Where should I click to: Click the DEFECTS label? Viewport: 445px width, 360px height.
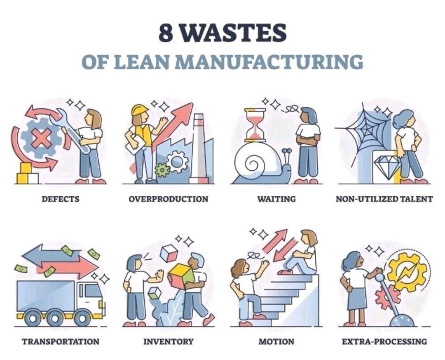click(60, 199)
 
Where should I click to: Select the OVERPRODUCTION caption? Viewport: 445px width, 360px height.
click(168, 199)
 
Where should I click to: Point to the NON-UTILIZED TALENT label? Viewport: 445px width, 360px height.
click(384, 199)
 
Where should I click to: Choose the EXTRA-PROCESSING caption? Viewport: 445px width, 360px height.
click(384, 341)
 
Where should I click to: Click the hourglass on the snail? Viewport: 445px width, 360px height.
click(255, 125)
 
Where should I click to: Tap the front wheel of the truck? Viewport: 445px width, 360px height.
click(82, 318)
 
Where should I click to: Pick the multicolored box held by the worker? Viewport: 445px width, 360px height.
click(181, 274)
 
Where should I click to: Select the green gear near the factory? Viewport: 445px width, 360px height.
click(162, 169)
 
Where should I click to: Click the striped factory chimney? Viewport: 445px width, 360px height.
click(199, 144)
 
